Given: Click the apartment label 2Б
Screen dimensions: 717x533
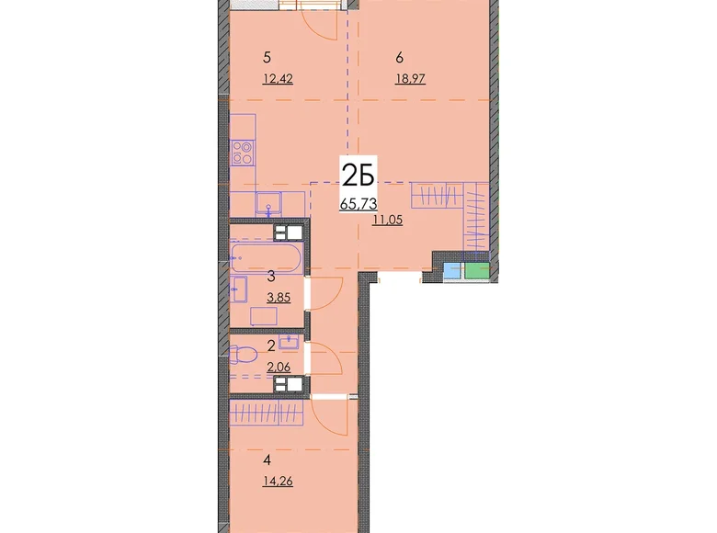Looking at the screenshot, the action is coord(358,176).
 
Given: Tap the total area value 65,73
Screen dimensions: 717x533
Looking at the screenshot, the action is coord(358,203).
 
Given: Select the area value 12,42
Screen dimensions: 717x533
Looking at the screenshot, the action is coord(278,79).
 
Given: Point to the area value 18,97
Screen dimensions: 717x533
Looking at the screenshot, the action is coord(410,79).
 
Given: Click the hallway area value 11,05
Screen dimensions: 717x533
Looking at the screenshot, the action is coord(387,220).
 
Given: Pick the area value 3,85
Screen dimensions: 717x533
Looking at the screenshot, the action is coord(279,298).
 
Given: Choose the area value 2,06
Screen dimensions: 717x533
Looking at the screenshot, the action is coord(279,367).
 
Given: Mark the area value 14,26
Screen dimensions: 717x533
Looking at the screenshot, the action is coord(278,481).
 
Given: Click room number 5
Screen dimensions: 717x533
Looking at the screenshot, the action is coord(267,58).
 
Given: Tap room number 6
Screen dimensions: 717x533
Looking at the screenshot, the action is coord(400,58).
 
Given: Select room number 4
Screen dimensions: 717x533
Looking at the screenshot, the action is coord(267,459).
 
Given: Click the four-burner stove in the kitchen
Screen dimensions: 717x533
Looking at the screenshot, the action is coord(243,153).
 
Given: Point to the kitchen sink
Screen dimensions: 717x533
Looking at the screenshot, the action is coord(268,203).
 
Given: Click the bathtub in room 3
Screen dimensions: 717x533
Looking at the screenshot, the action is coord(267,258).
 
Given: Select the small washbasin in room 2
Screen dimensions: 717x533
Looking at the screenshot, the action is coord(289,342).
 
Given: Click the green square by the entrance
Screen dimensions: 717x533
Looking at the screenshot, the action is coord(477,270).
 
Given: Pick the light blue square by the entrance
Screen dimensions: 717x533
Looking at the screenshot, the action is coord(452,270).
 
